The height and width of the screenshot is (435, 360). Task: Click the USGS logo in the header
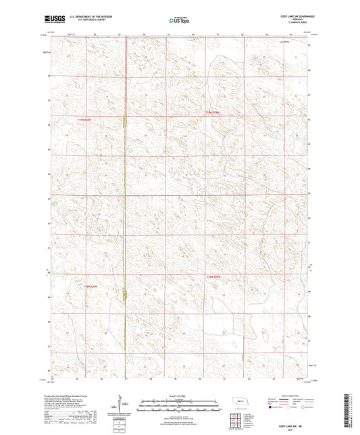point(55,19)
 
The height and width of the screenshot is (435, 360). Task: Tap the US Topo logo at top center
point(179,20)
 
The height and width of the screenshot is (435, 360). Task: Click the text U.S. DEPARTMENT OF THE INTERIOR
point(98,15)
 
